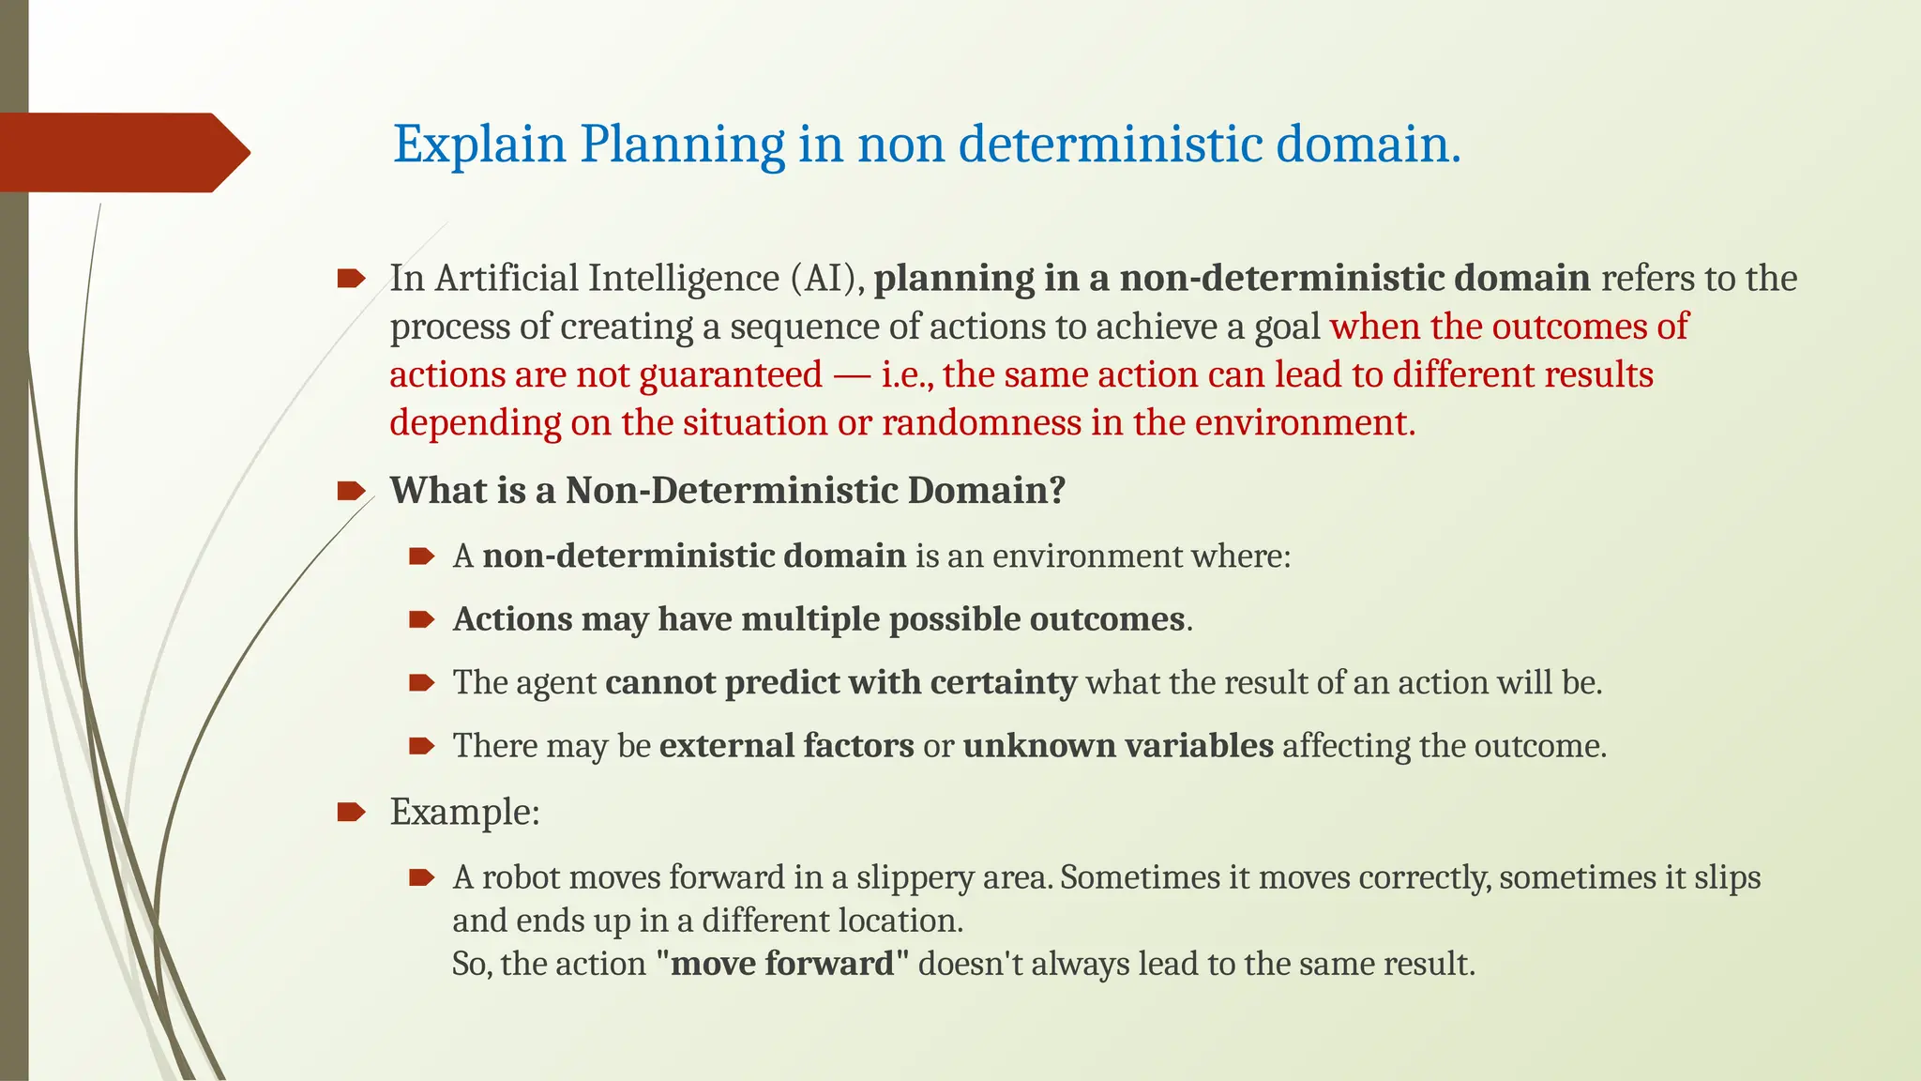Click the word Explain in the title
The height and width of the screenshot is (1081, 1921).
pos(479,145)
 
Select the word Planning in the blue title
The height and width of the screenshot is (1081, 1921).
pos(682,145)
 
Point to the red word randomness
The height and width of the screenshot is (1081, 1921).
pos(981,423)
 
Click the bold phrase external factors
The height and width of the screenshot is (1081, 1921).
pos(786,746)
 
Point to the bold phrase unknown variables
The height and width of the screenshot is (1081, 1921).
pos(1118,746)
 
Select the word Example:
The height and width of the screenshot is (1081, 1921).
pos(464,812)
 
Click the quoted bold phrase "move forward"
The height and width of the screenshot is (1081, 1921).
pos(783,964)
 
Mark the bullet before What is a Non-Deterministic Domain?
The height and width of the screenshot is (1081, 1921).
pos(351,491)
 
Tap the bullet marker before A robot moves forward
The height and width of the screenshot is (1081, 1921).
pos(421,877)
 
